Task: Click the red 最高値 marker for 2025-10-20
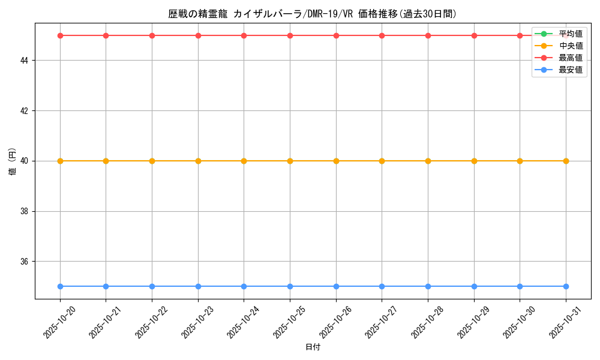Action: [60, 35]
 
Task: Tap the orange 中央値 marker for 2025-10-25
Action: [290, 161]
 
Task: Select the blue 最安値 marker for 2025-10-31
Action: [566, 286]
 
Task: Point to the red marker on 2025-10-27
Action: [382, 35]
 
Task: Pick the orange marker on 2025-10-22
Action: [152, 161]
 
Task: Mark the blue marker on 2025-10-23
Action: [198, 286]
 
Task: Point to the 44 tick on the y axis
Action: [26, 61]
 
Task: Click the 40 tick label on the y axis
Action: [26, 161]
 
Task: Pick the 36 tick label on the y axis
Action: [26, 262]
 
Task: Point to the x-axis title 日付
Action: [313, 347]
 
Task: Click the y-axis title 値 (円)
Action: [12, 161]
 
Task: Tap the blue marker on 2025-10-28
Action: [428, 286]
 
